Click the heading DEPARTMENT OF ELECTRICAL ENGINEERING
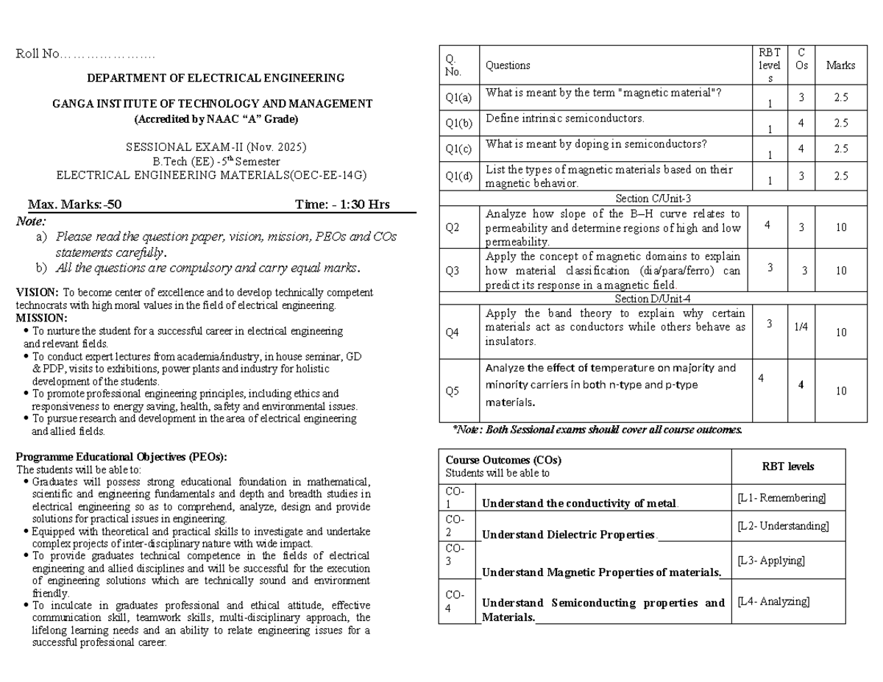216,78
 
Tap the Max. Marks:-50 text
74,205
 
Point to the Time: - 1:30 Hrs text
342,205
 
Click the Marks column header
840,65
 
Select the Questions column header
508,65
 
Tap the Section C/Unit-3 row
653,198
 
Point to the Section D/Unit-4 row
653,299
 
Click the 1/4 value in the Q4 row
801,327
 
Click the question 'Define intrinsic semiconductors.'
564,118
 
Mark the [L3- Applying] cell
771,561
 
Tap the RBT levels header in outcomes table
788,466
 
